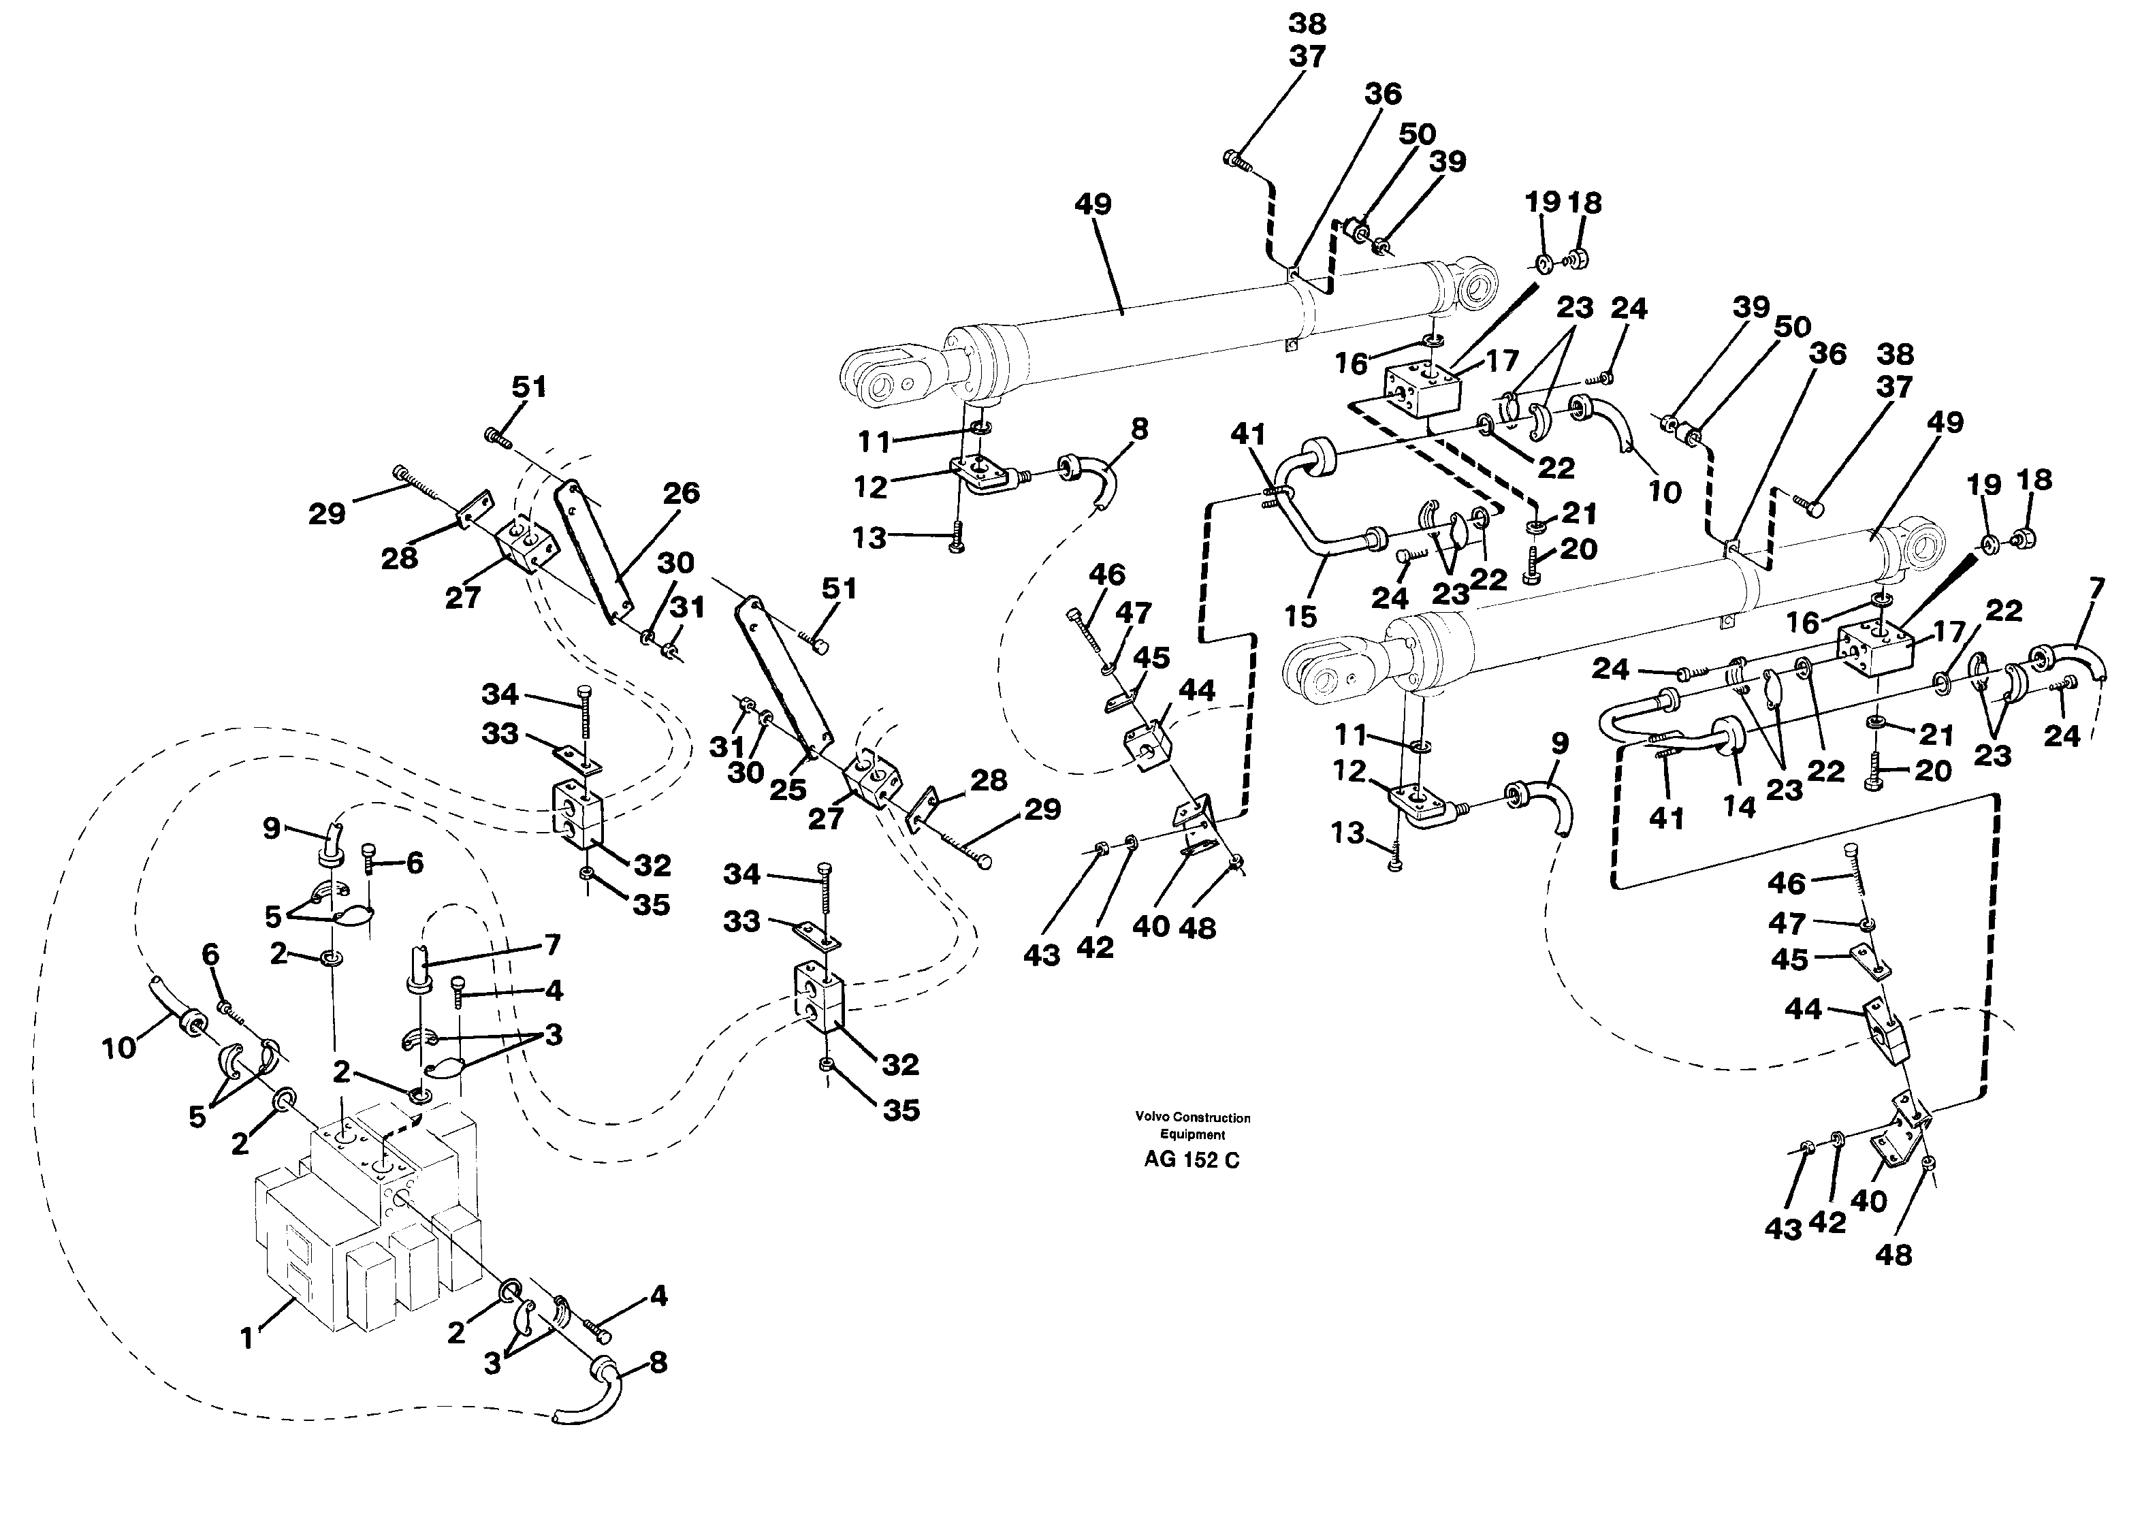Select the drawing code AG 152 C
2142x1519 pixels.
tap(1192, 1161)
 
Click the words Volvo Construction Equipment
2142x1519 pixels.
tap(1193, 1126)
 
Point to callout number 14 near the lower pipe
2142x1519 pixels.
tap(1740, 808)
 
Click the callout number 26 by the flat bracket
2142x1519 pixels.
tap(681, 493)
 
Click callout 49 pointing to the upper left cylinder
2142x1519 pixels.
tap(1093, 205)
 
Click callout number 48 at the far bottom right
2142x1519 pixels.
tap(1894, 1256)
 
